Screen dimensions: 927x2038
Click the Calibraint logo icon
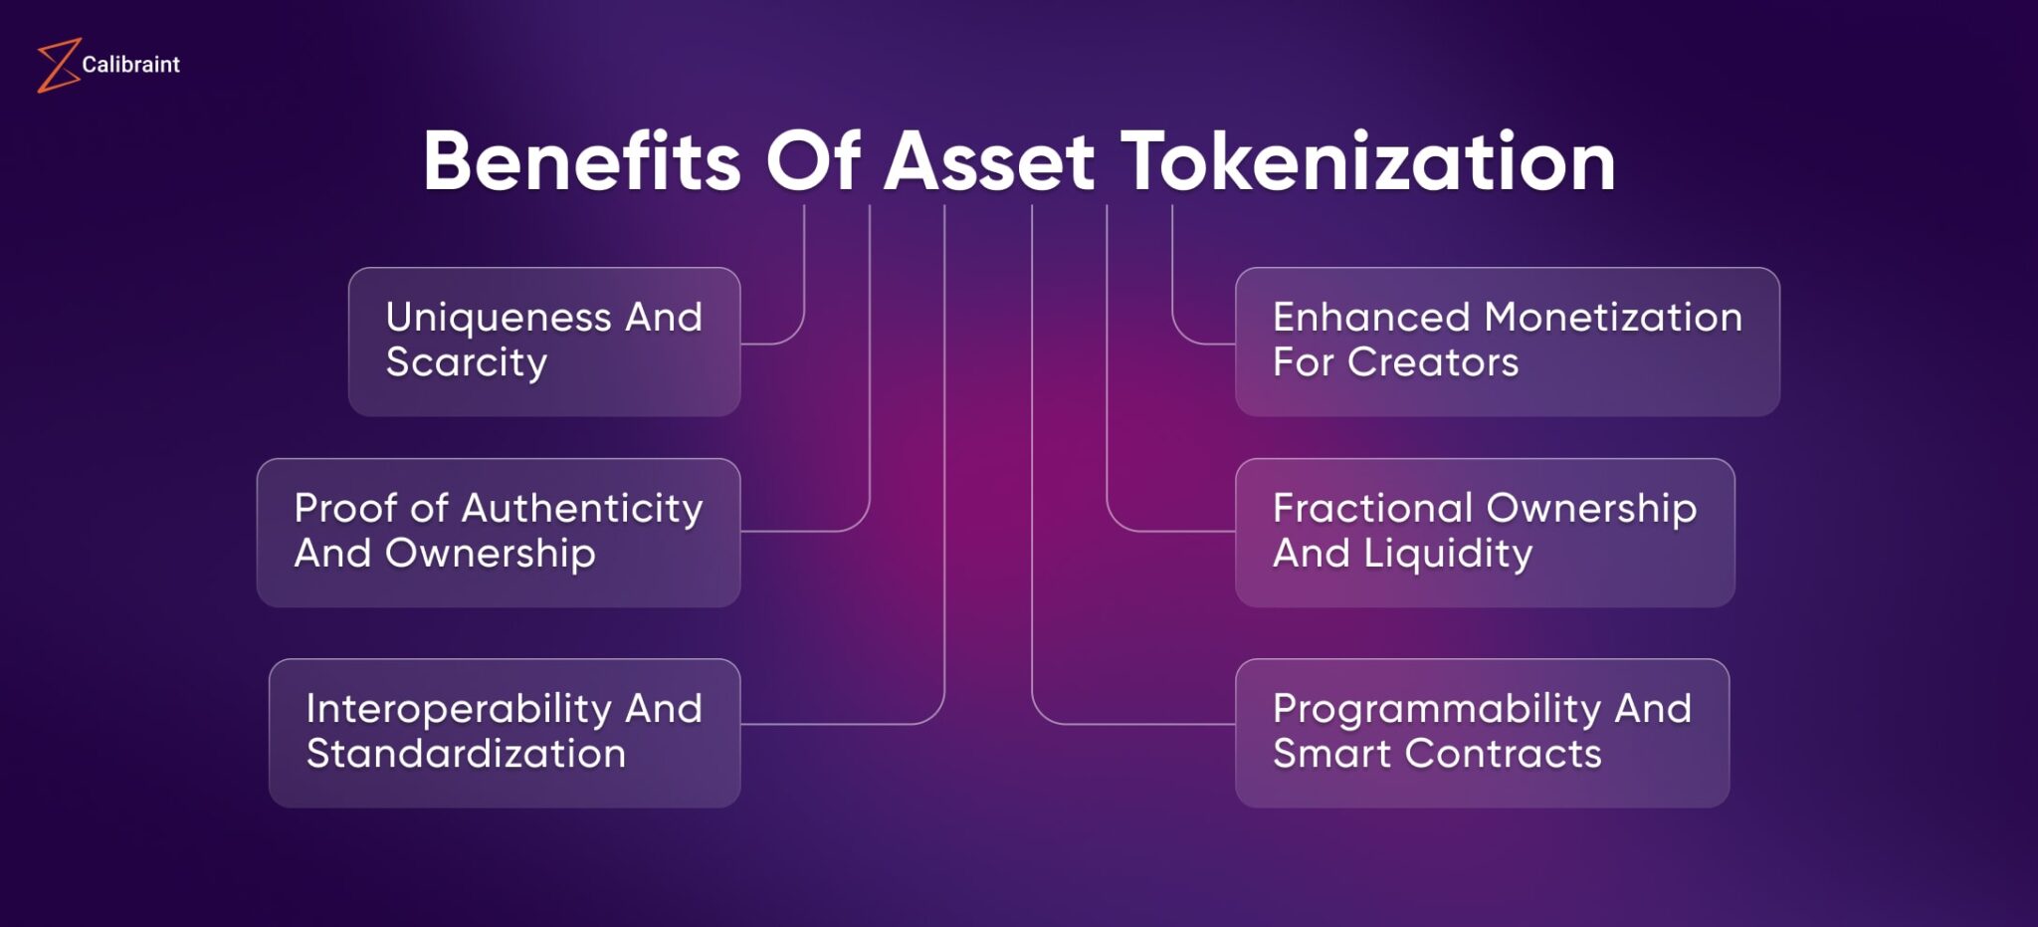point(58,66)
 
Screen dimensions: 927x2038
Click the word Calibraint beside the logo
point(130,65)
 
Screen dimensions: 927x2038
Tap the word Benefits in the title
point(581,161)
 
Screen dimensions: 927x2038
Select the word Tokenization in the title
point(1368,161)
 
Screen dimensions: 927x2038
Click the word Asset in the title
point(989,161)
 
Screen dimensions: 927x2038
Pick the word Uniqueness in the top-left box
point(498,318)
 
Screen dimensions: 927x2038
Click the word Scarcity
point(466,362)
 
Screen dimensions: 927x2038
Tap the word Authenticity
point(582,509)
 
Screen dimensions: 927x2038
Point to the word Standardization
point(466,754)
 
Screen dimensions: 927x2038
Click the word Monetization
point(1612,318)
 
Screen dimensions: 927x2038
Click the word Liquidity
point(1447,554)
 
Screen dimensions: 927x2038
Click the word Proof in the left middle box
point(345,509)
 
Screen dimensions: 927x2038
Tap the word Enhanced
point(1370,318)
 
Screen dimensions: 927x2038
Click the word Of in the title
point(812,161)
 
